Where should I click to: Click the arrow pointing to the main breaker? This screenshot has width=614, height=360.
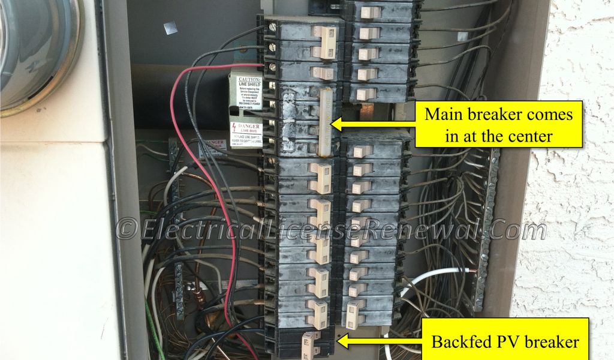(360, 124)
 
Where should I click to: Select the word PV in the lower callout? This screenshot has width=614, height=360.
(511, 342)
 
